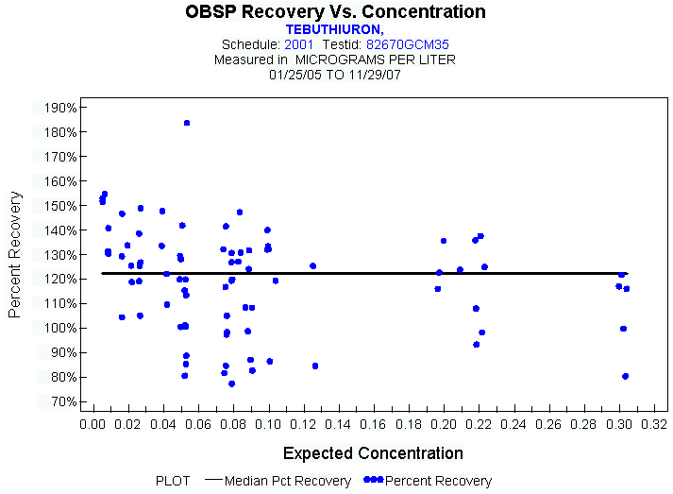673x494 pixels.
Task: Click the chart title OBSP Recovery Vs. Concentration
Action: click(x=336, y=12)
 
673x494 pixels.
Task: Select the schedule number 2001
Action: click(x=298, y=44)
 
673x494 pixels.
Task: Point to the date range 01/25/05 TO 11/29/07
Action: click(x=335, y=74)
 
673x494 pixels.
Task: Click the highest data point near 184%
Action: click(x=187, y=123)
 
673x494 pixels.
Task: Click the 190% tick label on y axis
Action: click(x=59, y=108)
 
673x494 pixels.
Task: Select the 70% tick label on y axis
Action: click(x=62, y=401)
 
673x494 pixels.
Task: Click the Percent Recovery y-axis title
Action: click(x=16, y=254)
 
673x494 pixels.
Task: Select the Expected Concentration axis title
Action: click(x=373, y=453)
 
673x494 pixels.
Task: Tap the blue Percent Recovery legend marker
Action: click(x=373, y=481)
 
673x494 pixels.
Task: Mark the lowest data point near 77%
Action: click(x=231, y=383)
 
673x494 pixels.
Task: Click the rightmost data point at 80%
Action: click(x=625, y=376)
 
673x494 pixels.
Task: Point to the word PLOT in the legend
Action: click(x=173, y=481)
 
